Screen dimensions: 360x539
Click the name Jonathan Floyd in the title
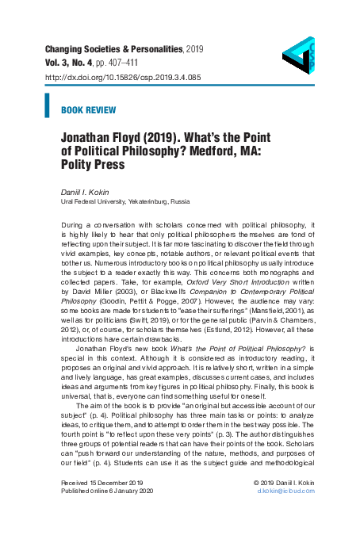pos(106,136)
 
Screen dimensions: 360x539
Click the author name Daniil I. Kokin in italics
pos(86,193)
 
